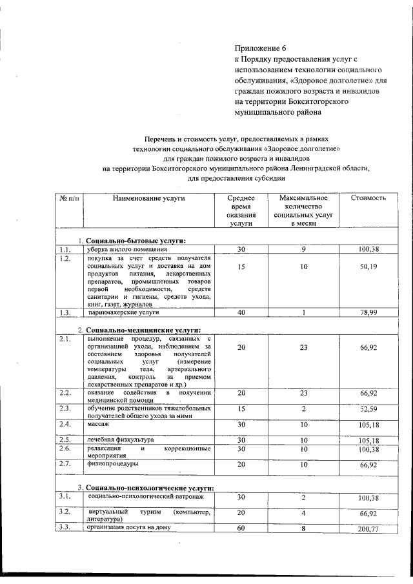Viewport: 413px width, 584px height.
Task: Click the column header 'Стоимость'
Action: coord(368,197)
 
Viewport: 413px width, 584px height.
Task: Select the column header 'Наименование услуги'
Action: coord(148,197)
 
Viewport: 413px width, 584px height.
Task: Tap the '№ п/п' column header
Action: coord(68,197)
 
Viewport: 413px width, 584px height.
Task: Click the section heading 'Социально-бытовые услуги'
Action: coord(136,241)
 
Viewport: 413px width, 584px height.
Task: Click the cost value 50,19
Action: coord(368,267)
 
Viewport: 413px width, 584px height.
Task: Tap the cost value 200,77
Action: coord(368,529)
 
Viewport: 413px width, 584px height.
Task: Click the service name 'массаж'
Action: coord(99,424)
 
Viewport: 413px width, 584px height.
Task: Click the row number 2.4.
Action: coord(65,424)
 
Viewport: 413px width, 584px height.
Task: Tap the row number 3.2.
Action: coord(65,511)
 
